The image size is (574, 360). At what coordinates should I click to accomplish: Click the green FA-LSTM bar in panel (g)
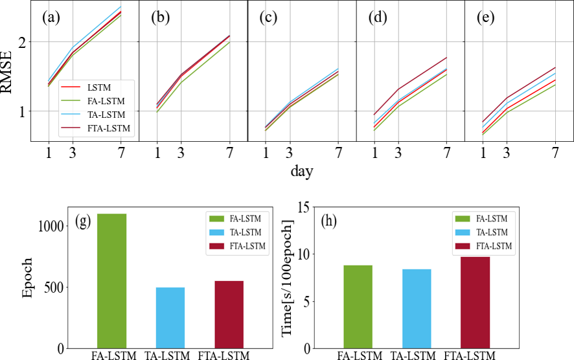click(x=111, y=281)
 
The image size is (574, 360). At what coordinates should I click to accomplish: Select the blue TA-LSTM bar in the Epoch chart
click(x=170, y=318)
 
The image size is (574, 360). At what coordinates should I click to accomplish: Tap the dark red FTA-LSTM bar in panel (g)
click(x=229, y=315)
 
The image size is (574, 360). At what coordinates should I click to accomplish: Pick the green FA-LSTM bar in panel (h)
click(x=358, y=307)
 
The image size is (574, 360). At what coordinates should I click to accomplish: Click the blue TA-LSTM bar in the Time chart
click(x=416, y=309)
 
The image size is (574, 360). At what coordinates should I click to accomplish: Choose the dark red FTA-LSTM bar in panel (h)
click(x=475, y=302)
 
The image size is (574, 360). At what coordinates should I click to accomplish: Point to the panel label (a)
click(x=51, y=17)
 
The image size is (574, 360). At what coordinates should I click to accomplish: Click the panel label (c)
click(x=268, y=17)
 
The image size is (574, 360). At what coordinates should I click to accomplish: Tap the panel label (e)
click(x=485, y=17)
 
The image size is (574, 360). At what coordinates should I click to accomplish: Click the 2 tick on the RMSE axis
click(x=25, y=42)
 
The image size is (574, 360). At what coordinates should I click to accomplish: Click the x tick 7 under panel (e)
click(x=555, y=154)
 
